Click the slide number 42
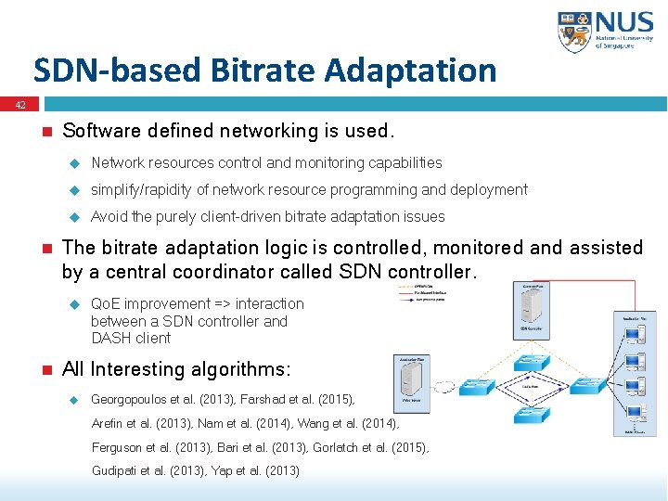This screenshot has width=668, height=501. point(19,106)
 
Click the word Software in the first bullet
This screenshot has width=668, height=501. point(99,131)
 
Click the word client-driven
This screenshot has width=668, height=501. point(246,217)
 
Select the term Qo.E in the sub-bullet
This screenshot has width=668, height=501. point(105,304)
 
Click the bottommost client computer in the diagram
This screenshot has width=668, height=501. point(636,414)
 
